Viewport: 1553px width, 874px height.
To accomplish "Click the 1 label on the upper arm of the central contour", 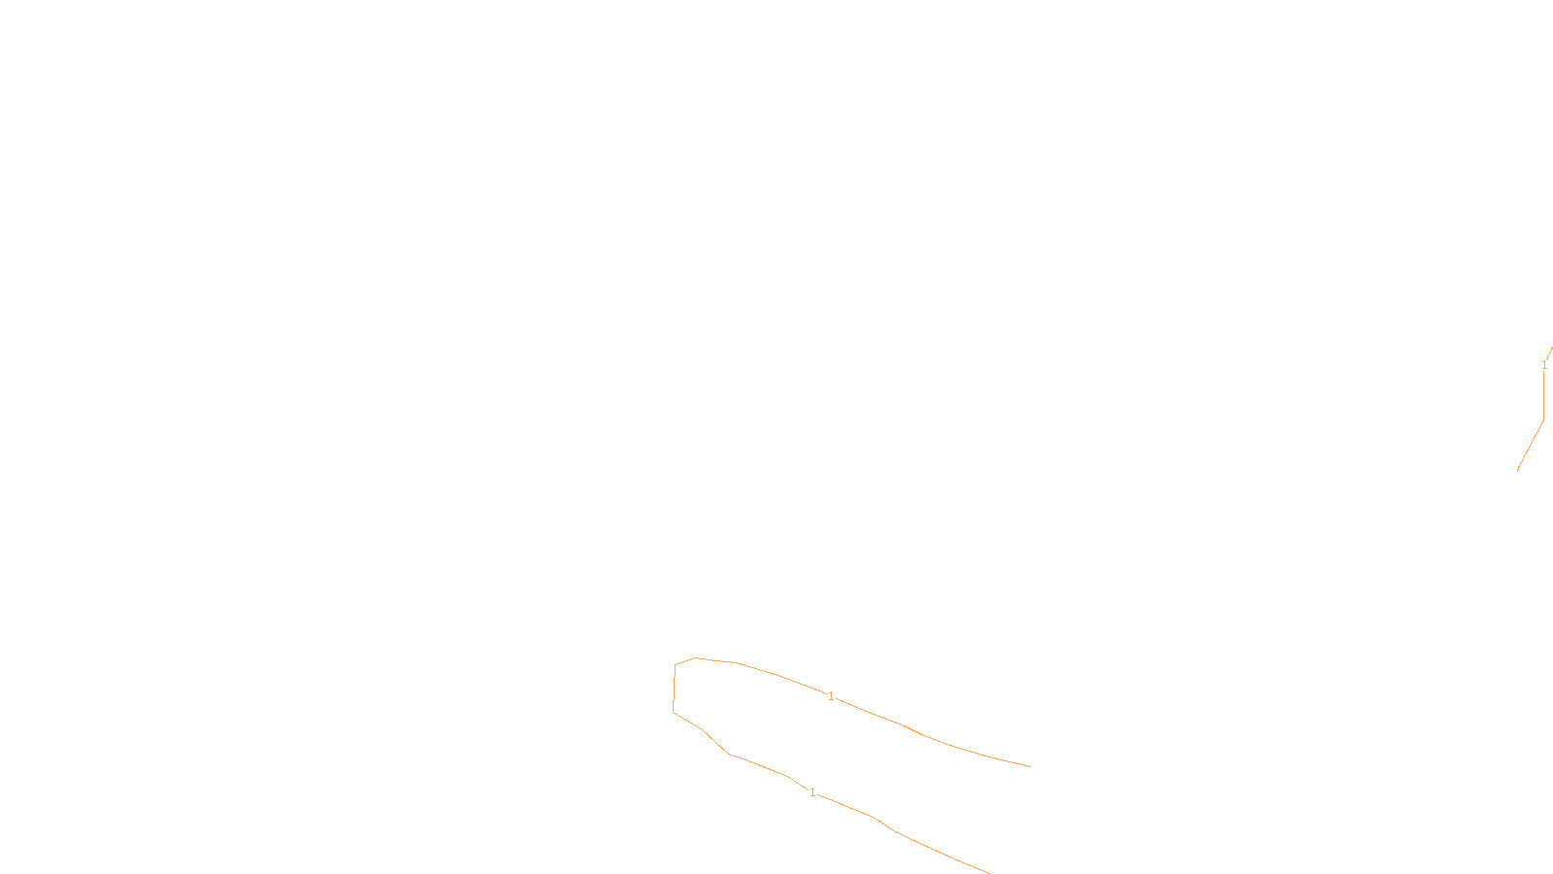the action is [x=831, y=696].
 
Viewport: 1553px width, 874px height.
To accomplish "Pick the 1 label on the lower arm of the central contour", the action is [x=812, y=792].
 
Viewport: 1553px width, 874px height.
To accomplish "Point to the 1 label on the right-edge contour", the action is [x=1544, y=365].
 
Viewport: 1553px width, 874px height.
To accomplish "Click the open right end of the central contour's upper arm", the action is [x=1030, y=766].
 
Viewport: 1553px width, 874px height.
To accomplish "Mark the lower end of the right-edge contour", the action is [x=1518, y=470].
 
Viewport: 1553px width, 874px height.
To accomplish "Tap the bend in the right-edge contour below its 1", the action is [x=1543, y=420].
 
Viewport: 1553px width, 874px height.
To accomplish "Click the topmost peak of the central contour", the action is [x=696, y=658].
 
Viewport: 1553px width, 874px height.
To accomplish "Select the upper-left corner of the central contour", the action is [x=676, y=665].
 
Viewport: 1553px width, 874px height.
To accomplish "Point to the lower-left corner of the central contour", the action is [x=674, y=712].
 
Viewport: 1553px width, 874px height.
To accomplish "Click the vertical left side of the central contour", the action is [x=675, y=689].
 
